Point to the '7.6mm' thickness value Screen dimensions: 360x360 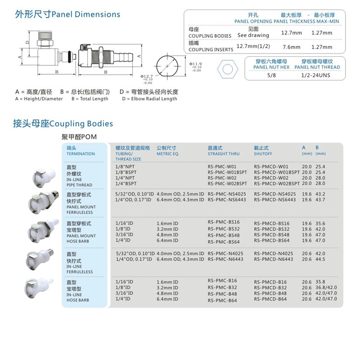pos(291,47)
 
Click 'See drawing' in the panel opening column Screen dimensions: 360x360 pos(253,35)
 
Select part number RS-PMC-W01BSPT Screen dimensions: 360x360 pos(227,172)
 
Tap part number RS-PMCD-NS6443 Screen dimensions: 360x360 pos(275,200)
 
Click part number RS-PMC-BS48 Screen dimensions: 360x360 pos(224,235)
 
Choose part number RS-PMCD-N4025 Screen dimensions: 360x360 pos(273,253)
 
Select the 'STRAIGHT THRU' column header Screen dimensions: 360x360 pos(224,153)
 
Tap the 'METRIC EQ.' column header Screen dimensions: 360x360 pos(168,153)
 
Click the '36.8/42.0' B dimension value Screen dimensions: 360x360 pos(326,288)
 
